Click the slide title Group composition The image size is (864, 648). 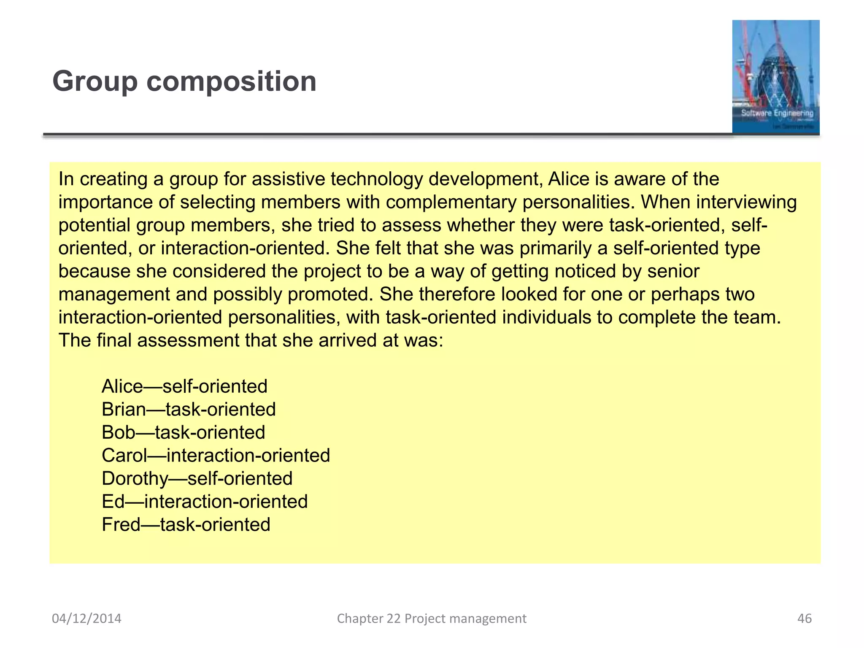tap(184, 81)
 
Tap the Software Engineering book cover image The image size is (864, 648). tap(775, 77)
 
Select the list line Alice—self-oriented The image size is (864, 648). tap(184, 386)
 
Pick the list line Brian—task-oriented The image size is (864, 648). tap(189, 410)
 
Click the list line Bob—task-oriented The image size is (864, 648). tap(183, 432)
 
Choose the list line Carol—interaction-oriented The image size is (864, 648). tap(216, 456)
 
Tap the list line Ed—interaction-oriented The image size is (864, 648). tap(205, 502)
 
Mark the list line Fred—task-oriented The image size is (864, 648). tap(186, 525)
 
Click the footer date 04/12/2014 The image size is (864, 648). tap(86, 618)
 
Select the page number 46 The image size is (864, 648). tap(804, 618)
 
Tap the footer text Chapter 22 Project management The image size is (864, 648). tap(432, 618)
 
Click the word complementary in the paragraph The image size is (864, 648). tap(451, 202)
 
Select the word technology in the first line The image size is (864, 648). tap(376, 180)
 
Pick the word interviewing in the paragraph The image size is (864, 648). tap(746, 202)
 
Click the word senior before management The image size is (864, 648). tap(673, 271)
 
